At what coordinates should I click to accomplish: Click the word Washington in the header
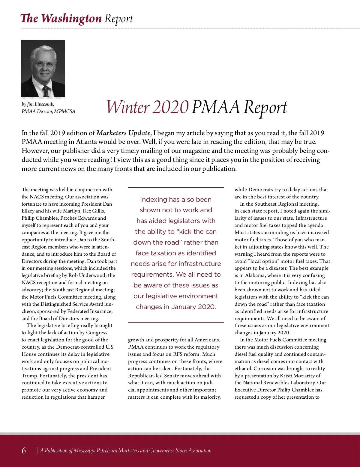click(x=72, y=19)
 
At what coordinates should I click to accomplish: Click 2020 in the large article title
click(x=170, y=107)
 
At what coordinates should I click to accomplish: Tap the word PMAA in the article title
click(x=216, y=107)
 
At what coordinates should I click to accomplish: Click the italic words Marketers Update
click(x=123, y=133)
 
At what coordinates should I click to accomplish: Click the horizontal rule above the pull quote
click(x=176, y=188)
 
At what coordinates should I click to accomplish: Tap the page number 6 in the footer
click(x=24, y=451)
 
